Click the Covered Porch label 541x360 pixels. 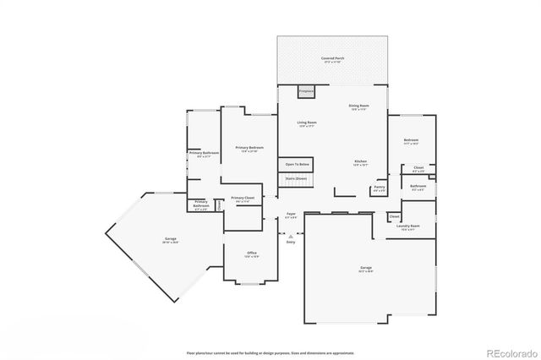click(332, 59)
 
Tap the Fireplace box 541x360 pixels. click(306, 90)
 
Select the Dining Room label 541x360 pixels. click(358, 106)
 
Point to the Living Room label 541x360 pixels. click(306, 123)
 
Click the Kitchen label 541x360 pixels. click(360, 161)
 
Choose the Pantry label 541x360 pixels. click(379, 188)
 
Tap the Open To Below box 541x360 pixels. click(297, 164)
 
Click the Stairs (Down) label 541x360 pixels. click(296, 179)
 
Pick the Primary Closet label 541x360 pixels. click(243, 199)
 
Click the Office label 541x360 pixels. click(251, 254)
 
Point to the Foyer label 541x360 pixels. click(290, 215)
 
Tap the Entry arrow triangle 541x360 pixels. click(290, 237)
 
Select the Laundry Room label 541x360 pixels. click(410, 227)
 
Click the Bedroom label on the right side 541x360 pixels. click(411, 141)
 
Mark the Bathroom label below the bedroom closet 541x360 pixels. click(418, 187)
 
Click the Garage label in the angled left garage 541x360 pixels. click(170, 240)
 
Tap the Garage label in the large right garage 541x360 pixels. click(365, 269)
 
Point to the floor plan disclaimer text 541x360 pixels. click(270, 352)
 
